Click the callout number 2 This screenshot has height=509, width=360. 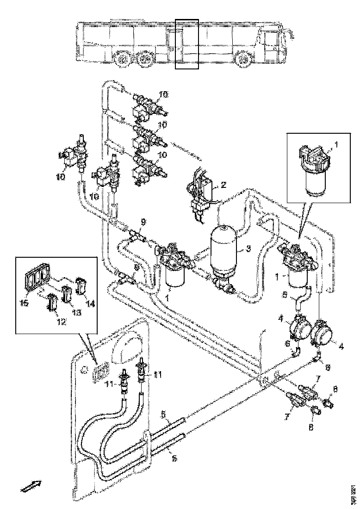click(223, 185)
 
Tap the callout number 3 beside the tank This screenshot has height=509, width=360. click(248, 248)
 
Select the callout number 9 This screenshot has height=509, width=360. click(143, 222)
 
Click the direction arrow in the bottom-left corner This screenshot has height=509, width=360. click(31, 486)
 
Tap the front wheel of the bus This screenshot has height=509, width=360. click(243, 60)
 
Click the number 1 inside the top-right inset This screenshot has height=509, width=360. click(336, 145)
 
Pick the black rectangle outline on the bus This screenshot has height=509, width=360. click(187, 44)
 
